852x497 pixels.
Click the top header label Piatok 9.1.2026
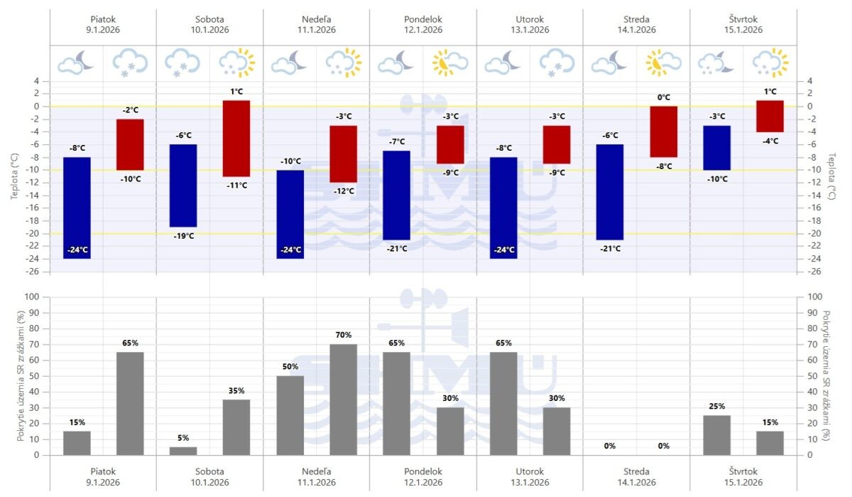click(103, 23)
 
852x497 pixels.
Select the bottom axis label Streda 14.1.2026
click(636, 476)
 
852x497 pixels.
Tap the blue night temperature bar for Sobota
click(183, 186)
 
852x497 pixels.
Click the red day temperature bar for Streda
click(664, 132)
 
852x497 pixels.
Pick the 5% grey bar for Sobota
click(183, 451)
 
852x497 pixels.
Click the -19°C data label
click(183, 235)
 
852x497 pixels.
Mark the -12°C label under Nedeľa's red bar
click(344, 191)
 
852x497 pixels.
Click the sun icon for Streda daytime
click(663, 63)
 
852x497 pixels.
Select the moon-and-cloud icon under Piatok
click(76, 63)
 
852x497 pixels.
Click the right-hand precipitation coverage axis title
click(826, 375)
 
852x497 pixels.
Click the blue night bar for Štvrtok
click(717, 148)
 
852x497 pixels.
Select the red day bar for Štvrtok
click(770, 116)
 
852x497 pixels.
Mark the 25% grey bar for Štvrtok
click(717, 435)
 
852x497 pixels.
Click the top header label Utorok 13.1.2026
click(530, 23)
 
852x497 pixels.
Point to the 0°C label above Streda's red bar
click(664, 97)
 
